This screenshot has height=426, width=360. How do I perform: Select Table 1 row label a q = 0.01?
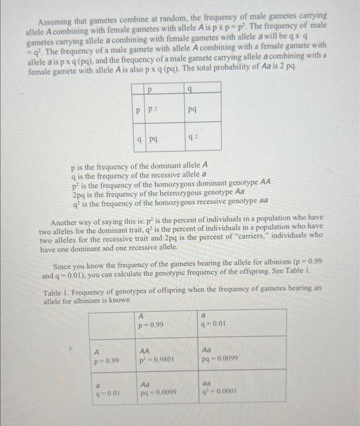pyautogui.click(x=106, y=389)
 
